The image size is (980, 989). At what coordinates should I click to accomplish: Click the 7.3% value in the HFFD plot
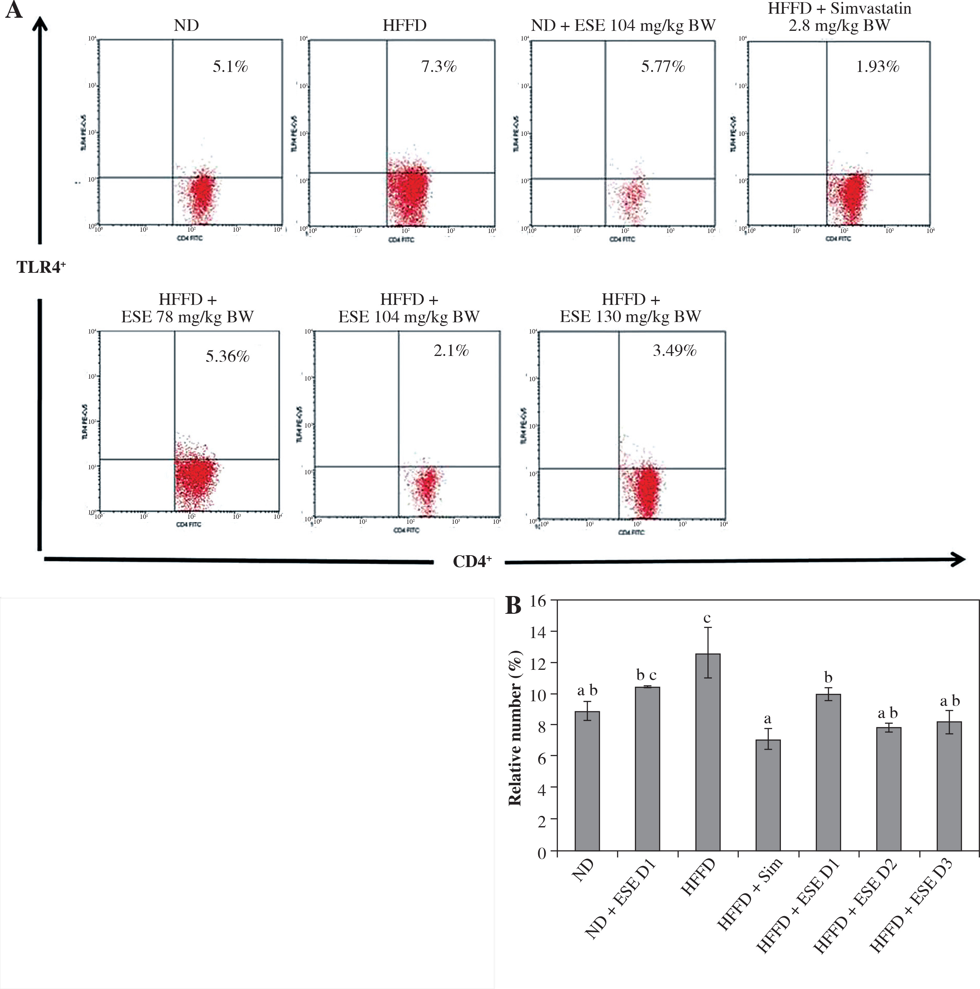point(438,67)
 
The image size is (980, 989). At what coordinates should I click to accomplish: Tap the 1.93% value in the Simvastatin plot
point(877,67)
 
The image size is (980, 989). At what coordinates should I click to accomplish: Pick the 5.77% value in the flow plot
point(663,67)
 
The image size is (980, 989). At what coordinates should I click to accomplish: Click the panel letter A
point(13,10)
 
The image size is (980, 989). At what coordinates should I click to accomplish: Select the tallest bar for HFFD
point(707,753)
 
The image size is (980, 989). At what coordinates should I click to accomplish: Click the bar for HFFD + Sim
point(768,796)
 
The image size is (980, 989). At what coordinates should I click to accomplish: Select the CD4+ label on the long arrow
point(472,561)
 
